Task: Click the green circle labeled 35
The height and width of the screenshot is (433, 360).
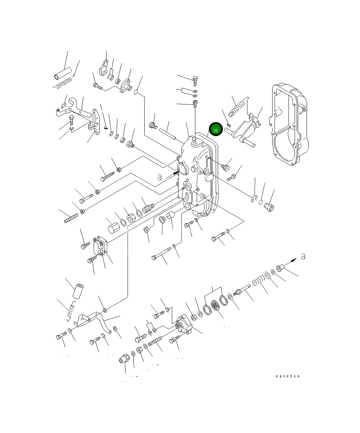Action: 216,129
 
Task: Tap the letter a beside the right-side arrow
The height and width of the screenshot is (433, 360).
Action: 303,256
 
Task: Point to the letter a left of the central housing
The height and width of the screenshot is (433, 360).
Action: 159,177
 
